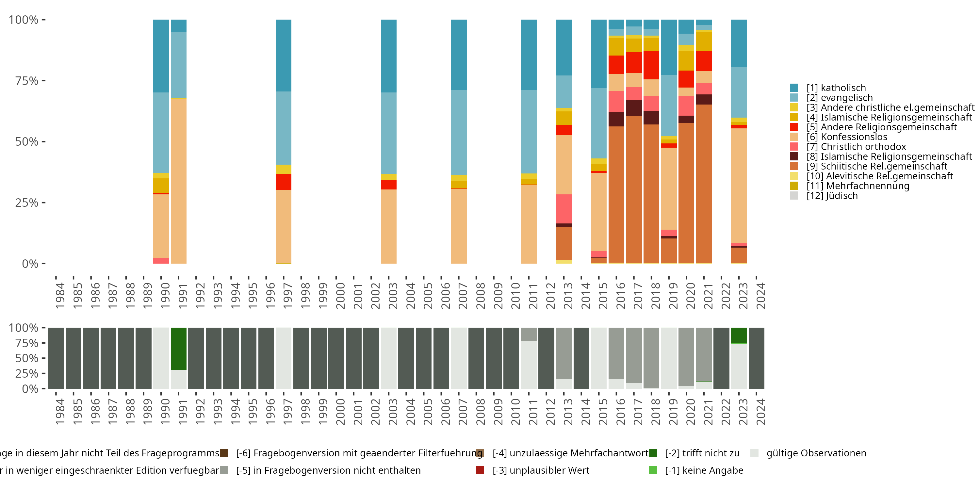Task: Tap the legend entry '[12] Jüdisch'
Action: coord(832,196)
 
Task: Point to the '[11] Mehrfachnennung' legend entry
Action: coord(857,186)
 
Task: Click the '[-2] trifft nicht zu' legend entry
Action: coord(702,453)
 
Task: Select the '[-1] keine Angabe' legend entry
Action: coord(704,471)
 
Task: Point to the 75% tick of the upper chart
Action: coord(27,81)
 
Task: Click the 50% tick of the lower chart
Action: coord(27,358)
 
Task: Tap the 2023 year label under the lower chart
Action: coord(743,412)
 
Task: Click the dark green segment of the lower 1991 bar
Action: coord(178,349)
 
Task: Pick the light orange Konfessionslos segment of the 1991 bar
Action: coord(178,181)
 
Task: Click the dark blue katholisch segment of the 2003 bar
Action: coord(388,56)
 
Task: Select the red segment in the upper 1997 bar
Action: coord(284,182)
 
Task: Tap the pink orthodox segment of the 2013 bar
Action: coord(563,209)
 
